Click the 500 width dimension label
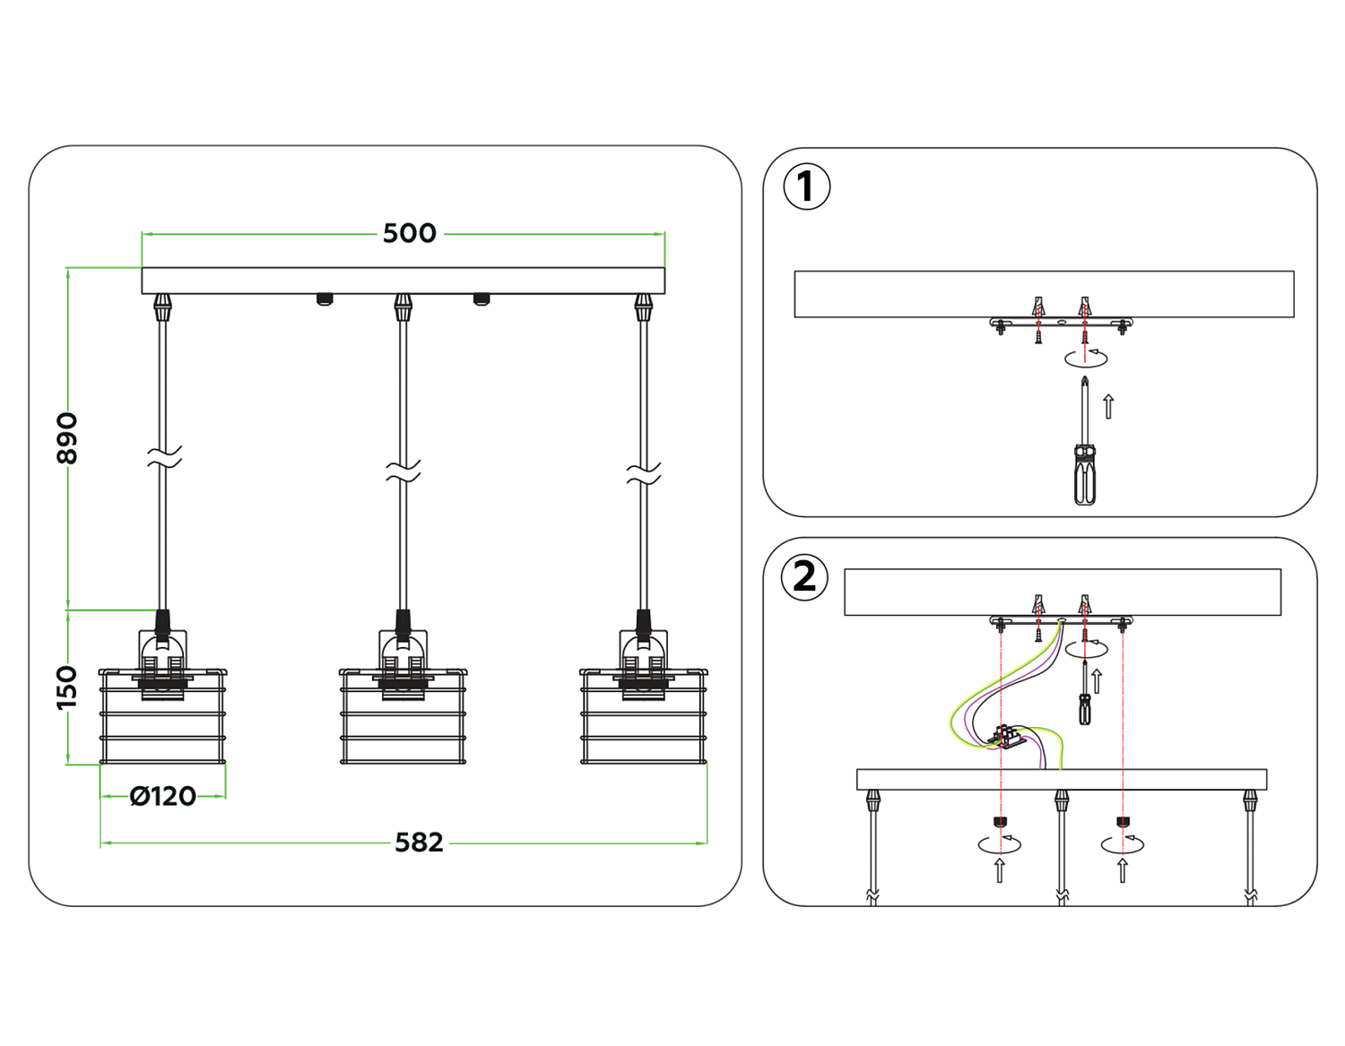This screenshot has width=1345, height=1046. click(x=409, y=233)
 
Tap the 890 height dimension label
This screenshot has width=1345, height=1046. click(x=67, y=438)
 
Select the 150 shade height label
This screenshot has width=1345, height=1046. click(x=67, y=687)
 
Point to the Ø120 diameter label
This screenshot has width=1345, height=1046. click(x=162, y=796)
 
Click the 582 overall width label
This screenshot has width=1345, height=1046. click(x=419, y=843)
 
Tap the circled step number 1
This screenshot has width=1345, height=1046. click(x=806, y=187)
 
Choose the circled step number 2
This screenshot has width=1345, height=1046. click(x=804, y=576)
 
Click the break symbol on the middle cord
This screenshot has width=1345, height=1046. click(x=403, y=471)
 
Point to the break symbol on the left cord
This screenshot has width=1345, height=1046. click(x=163, y=457)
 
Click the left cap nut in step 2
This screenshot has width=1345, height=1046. click(x=1000, y=822)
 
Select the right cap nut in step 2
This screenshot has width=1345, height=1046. click(x=1122, y=822)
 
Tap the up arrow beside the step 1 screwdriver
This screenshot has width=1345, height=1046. click(x=1109, y=406)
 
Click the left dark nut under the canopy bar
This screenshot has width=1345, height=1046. click(x=324, y=299)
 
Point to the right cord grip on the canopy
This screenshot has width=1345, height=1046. click(x=643, y=307)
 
